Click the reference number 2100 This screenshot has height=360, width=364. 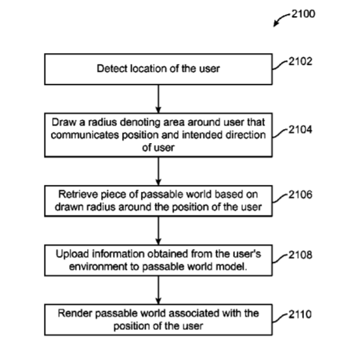pyautogui.click(x=303, y=14)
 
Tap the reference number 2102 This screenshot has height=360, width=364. pyautogui.click(x=301, y=61)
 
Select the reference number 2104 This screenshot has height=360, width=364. pyautogui.click(x=301, y=130)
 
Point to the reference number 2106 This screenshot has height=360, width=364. pyautogui.click(x=301, y=195)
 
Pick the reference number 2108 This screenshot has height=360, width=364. pyautogui.click(x=301, y=255)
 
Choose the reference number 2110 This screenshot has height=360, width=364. pyautogui.click(x=300, y=315)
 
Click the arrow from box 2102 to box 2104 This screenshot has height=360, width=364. pyautogui.click(x=158, y=99)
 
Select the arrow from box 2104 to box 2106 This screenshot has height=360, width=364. pyautogui.click(x=158, y=172)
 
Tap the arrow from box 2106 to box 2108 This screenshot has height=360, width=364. pyautogui.click(x=158, y=231)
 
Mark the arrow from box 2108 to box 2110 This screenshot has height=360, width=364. pyautogui.click(x=158, y=290)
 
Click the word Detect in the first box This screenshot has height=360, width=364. pyautogui.click(x=112, y=68)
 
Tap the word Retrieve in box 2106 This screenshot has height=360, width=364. pyautogui.click(x=78, y=195)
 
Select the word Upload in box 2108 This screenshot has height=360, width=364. pyautogui.click(x=73, y=254)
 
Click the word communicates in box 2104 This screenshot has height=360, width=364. pyautogui.click(x=85, y=135)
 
